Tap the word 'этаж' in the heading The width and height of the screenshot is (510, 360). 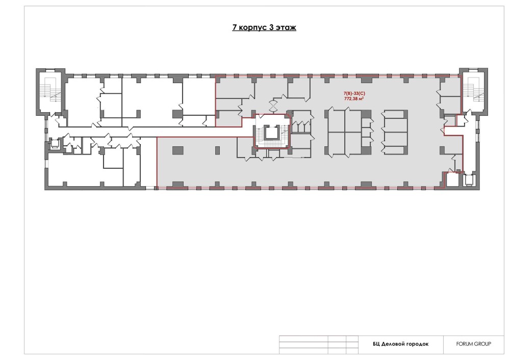tap(286, 28)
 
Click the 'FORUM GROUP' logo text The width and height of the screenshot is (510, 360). tap(473, 344)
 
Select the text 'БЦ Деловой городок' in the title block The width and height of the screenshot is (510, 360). tap(401, 344)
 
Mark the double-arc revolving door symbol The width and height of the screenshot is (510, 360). tap(272, 105)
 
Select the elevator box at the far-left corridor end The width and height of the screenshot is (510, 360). tap(54, 143)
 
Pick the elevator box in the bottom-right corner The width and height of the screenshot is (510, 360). tap(469, 180)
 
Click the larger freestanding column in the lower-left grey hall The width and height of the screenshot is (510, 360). tap(177, 150)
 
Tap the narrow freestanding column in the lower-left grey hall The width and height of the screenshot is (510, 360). tap(217, 150)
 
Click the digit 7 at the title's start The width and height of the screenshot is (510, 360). tap(235, 28)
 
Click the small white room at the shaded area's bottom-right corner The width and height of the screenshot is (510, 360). tap(452, 179)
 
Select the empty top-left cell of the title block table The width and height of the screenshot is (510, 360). tap(303, 339)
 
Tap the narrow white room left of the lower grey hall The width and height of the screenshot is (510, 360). tap(148, 161)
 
